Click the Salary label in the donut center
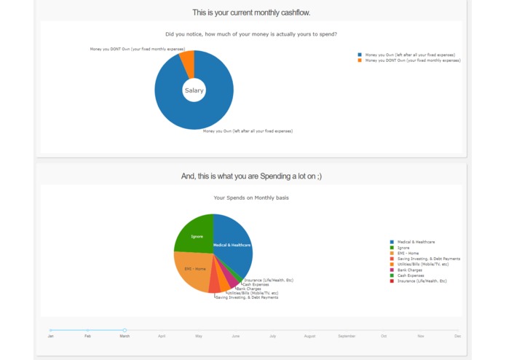[x=194, y=90]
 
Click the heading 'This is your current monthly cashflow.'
[x=251, y=12]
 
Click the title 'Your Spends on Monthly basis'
[x=251, y=197]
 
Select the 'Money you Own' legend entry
[x=410, y=55]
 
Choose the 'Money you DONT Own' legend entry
[x=413, y=60]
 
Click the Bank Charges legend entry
[x=409, y=270]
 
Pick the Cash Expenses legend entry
[x=411, y=275]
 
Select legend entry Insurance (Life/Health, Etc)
[x=422, y=281]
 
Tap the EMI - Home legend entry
[x=408, y=253]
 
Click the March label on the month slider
[x=124, y=336]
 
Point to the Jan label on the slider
[x=50, y=336]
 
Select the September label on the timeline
[x=347, y=336]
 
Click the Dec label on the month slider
[x=457, y=336]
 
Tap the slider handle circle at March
[x=124, y=330]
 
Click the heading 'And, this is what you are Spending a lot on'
[x=251, y=176]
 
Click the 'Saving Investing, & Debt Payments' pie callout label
[x=247, y=297]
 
